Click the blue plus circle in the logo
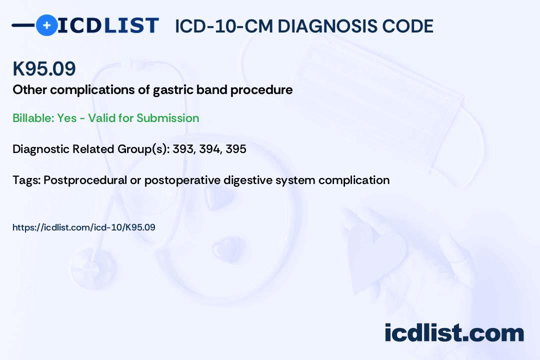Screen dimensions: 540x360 pos(47,25)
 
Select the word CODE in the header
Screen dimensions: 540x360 pos(402,26)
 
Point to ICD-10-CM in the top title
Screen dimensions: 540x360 pos(224,26)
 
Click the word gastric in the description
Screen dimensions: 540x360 pos(173,90)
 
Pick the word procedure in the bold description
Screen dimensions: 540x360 pos(261,90)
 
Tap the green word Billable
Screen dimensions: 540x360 pos(33,118)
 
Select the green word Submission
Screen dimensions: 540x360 pos(167,118)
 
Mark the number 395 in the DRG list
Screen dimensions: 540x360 pos(236,149)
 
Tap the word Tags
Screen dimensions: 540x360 pos(26,180)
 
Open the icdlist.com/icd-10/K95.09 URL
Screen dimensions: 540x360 pos(84,227)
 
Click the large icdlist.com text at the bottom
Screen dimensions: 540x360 pos(454,332)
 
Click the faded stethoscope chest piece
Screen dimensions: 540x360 pos(93,268)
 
